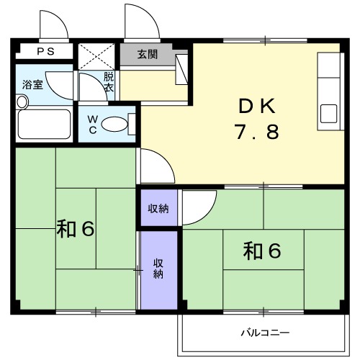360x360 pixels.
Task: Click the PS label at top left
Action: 45,52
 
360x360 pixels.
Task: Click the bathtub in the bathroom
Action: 44,124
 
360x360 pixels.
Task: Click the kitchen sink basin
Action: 329,114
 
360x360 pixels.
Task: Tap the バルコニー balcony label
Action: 264,333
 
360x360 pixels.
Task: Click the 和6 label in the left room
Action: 76,229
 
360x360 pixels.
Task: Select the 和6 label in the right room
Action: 261,251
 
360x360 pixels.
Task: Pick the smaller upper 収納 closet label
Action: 158,208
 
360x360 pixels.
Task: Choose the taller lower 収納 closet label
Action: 158,268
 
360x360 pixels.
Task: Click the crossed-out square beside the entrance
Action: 96,55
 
